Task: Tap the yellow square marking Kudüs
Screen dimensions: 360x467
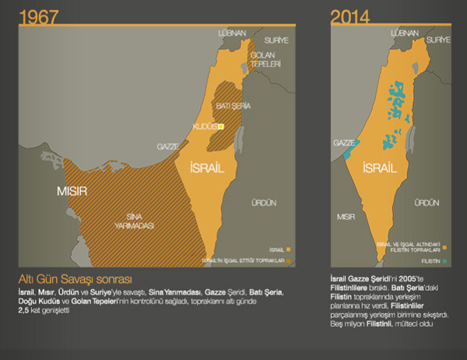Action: [220, 125]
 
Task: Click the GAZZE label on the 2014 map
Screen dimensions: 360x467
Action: [343, 143]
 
